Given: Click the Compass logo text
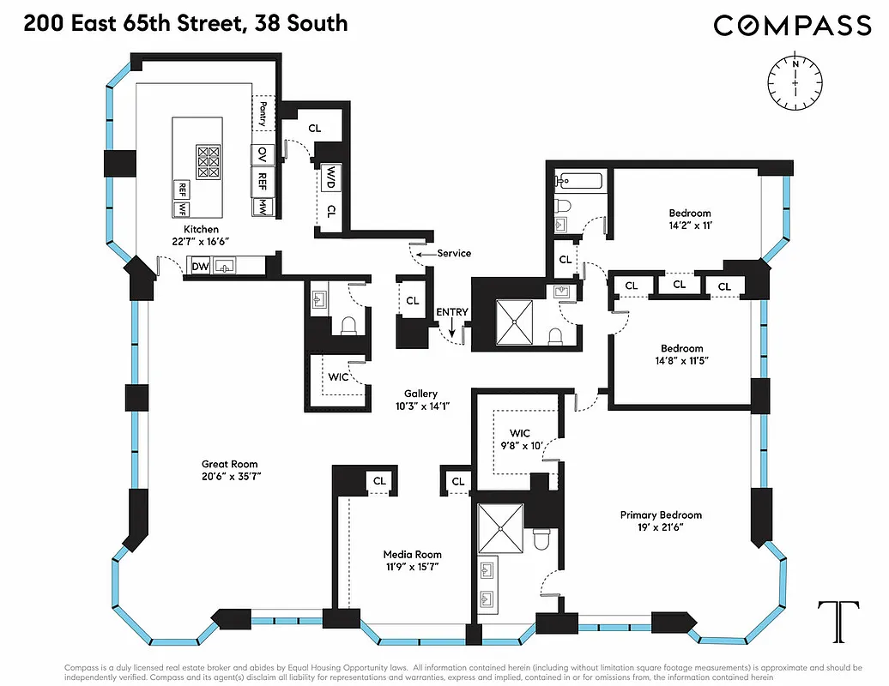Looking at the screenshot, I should (x=792, y=25).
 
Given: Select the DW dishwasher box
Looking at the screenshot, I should (x=199, y=267).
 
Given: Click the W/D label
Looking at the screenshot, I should (x=330, y=178).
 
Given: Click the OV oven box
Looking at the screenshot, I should (x=262, y=154).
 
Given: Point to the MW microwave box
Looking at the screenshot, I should (x=262, y=208).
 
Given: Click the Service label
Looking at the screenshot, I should (x=453, y=253).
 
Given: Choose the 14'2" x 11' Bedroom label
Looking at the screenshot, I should (x=690, y=220).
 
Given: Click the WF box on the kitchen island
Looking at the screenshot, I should (x=182, y=208).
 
